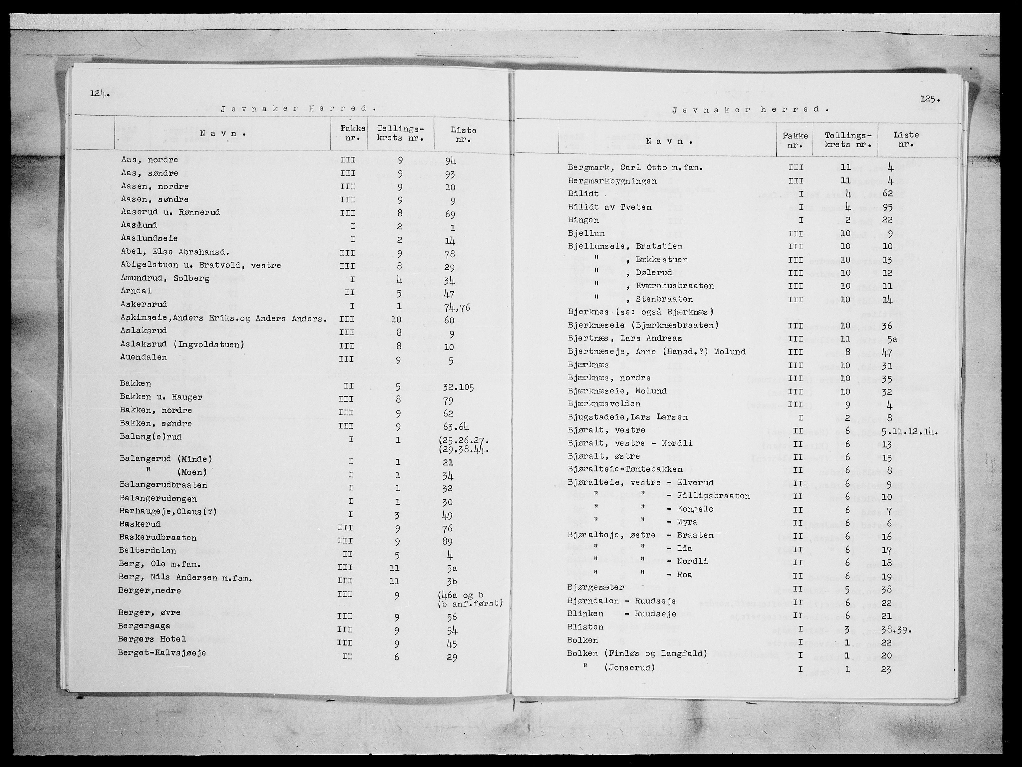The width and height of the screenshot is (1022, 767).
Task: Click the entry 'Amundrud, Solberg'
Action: (165, 278)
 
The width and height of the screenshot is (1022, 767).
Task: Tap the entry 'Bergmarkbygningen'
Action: (612, 181)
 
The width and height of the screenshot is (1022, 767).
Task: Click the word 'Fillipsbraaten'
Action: (713, 496)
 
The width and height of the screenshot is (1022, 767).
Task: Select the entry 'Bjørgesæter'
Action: (596, 587)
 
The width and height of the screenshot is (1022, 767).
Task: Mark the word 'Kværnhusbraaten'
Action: (675, 286)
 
